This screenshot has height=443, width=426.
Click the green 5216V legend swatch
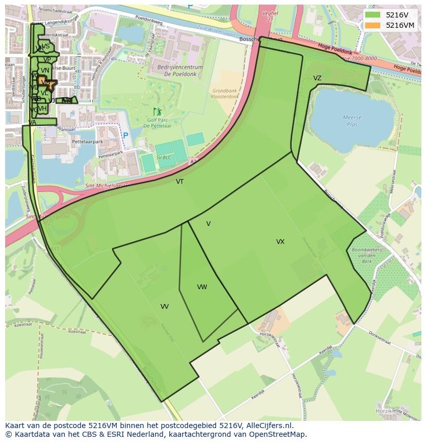(373, 15)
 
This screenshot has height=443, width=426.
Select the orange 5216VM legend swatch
(373, 25)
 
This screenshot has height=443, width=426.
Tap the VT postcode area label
(180, 182)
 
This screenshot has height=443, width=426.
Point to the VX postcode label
(280, 242)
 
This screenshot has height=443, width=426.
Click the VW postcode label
(202, 287)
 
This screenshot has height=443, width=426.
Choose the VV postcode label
(164, 307)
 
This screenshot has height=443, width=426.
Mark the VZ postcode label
(317, 78)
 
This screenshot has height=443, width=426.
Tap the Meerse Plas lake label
(352, 121)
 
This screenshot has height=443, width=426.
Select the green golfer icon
(157, 112)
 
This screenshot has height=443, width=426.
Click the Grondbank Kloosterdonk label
(225, 93)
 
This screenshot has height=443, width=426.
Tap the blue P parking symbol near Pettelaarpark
(125, 136)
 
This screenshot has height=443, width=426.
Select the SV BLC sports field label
(164, 157)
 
